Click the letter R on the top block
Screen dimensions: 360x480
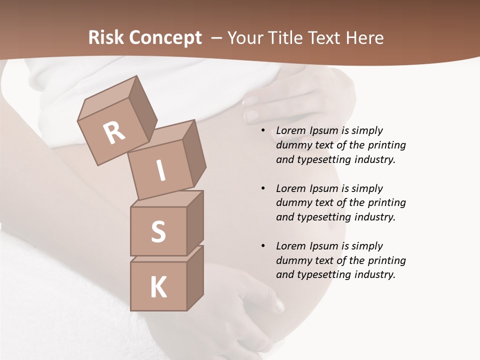coord(114,133)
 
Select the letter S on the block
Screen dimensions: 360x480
coord(158,231)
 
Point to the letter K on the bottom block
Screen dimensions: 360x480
coord(158,287)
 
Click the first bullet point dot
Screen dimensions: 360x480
coord(263,130)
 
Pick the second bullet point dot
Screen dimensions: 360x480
coord(263,188)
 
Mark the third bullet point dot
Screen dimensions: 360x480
coord(263,246)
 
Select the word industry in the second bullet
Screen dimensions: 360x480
coord(374,217)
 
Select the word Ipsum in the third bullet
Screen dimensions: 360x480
coord(324,246)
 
